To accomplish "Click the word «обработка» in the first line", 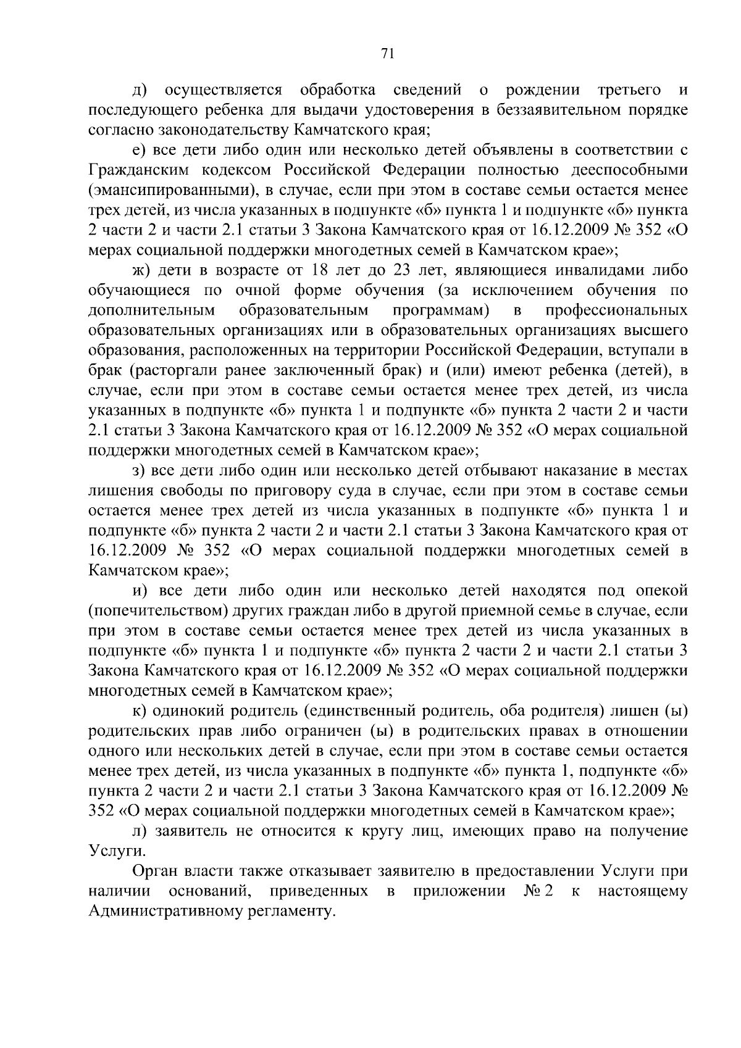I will (338, 90).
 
